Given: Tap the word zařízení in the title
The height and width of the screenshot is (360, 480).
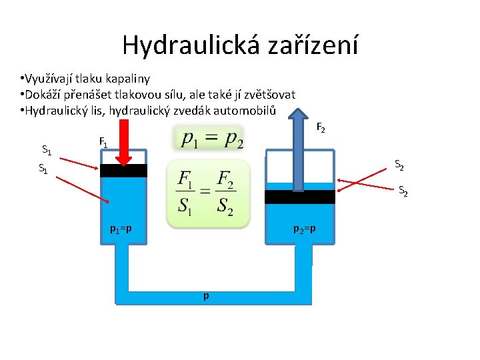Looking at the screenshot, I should tap(313, 46).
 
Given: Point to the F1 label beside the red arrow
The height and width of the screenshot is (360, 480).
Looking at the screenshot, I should tap(103, 142).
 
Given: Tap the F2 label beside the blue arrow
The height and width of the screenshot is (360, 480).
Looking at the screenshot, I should tap(320, 127).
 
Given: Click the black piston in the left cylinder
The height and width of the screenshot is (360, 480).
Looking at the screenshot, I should tap(123, 171).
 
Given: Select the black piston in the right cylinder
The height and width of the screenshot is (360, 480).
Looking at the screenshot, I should tap(299, 197).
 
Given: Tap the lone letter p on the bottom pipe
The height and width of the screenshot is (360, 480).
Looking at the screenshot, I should tap(206, 295).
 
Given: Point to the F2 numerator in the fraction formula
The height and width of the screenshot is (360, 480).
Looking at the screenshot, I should tap(226, 179).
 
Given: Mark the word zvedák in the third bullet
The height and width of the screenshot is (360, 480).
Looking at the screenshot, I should tap(193, 110).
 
